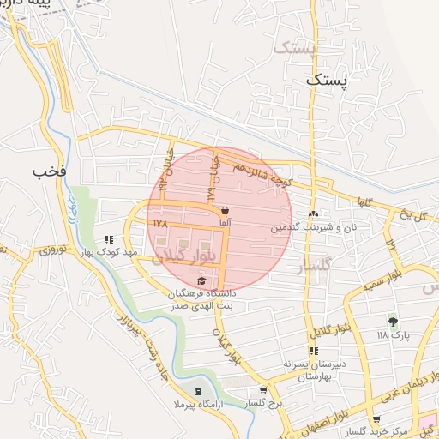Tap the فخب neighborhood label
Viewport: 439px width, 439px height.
pyautogui.click(x=50, y=171)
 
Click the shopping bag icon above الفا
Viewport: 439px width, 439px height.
pyautogui.click(x=225, y=210)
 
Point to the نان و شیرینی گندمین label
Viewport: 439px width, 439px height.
pyautogui.click(x=313, y=228)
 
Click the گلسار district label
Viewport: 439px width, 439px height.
pyautogui.click(x=314, y=269)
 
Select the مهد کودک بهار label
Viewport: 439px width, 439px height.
pyautogui.click(x=109, y=253)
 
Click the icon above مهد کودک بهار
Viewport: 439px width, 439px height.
pyautogui.click(x=109, y=241)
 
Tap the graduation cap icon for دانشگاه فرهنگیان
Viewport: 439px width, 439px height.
pyautogui.click(x=202, y=280)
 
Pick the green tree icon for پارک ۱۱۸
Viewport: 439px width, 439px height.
pyautogui.click(x=393, y=322)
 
